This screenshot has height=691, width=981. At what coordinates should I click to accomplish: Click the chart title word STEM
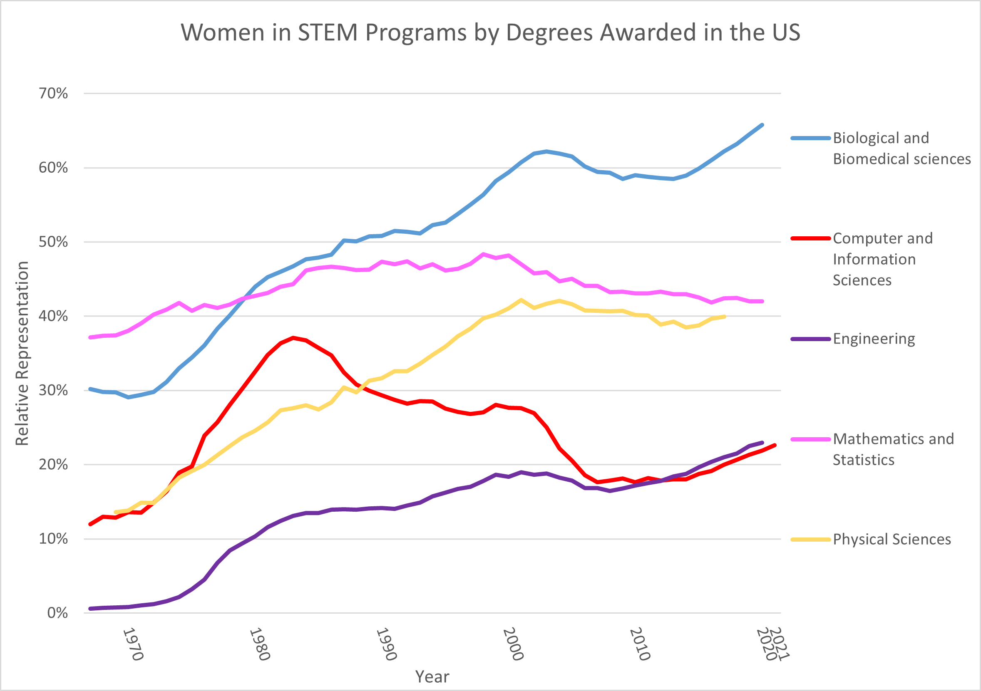click(x=328, y=32)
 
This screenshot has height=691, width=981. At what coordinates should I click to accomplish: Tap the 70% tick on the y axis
click(x=53, y=93)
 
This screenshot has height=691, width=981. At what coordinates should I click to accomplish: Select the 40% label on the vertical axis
click(x=53, y=317)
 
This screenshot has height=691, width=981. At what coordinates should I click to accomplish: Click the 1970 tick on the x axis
click(x=132, y=644)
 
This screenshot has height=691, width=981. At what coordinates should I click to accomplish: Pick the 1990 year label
click(x=386, y=644)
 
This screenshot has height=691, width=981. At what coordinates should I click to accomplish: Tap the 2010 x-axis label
click(x=640, y=644)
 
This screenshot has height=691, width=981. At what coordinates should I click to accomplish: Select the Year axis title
click(x=432, y=677)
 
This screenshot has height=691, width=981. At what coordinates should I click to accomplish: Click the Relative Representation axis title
click(x=22, y=353)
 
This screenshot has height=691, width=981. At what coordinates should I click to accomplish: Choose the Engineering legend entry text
click(x=874, y=339)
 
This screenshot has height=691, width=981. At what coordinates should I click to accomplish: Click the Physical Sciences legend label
click(x=892, y=540)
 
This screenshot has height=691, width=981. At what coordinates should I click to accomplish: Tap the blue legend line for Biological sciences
click(x=810, y=138)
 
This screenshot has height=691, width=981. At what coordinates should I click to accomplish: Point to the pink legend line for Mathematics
click(x=810, y=439)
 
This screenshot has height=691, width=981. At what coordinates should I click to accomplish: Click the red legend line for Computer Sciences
click(x=810, y=238)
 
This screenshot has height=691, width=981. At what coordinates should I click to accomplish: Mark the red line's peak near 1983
click(x=293, y=338)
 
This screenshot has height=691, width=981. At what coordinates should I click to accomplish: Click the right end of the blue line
click(x=762, y=125)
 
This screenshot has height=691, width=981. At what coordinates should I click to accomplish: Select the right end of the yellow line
click(x=725, y=317)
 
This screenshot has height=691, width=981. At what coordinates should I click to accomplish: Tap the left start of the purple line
click(x=90, y=609)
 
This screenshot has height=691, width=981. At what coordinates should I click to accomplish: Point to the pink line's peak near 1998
click(x=483, y=254)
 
